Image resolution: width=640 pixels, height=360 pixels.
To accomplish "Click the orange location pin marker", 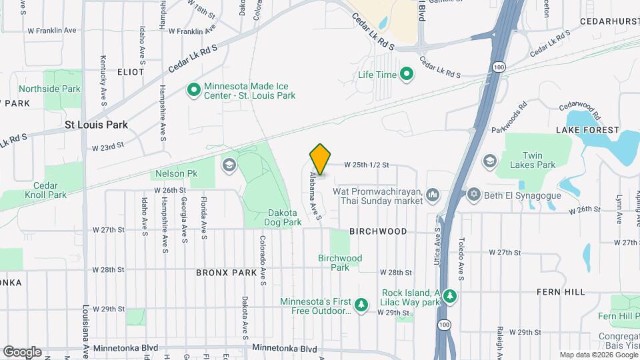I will coord(320,159).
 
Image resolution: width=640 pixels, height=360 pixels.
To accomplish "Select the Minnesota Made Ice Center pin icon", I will coord(194,89).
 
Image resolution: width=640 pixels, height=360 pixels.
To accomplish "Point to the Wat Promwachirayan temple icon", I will coord(433,195).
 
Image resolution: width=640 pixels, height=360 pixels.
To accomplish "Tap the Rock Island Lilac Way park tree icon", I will coord(451,295).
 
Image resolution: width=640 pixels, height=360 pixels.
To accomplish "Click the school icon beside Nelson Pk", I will coord(229,165).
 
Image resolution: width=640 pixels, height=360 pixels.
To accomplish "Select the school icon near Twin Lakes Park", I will coord(490,161).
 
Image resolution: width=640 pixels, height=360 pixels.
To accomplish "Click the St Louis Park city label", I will coord(96,125).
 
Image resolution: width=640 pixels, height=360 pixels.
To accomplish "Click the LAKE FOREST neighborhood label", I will coord(590,130).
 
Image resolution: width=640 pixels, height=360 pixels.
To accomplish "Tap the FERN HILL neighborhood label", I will coord(561,292).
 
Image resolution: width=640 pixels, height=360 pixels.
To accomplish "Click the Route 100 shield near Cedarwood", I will coord(499,67).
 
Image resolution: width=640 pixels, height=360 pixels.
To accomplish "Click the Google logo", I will coord(22,352).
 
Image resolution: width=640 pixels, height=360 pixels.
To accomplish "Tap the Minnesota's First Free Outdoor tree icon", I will coord(362,305).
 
